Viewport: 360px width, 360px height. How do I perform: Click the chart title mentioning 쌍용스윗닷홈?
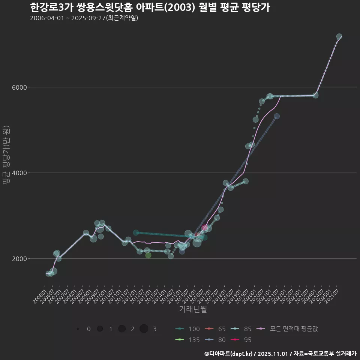150,7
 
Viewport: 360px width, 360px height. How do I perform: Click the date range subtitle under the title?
84,18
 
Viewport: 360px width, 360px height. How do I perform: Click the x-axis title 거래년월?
193,309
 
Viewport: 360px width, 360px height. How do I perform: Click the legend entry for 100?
187,329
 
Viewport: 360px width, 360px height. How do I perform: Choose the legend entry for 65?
216,329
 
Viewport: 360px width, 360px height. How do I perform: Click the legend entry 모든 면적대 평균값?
289,329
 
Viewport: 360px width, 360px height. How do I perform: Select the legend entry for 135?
187,340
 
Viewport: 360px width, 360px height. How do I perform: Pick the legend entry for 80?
216,340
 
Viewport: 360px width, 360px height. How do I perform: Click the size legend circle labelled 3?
144,329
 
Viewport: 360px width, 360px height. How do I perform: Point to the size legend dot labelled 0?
78,329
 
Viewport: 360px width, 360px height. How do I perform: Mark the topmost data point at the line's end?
339,36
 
